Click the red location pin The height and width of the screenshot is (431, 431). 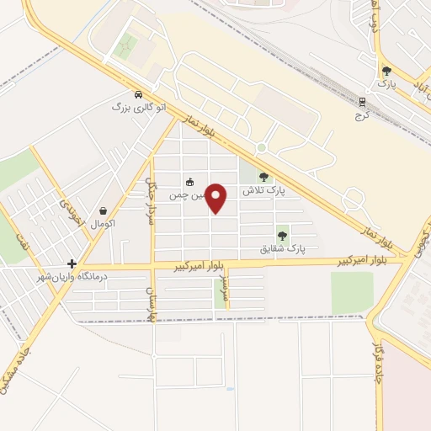[x=217, y=198]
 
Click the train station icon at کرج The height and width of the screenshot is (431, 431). [x=363, y=102]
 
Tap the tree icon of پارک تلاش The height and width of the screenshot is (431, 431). [x=264, y=177]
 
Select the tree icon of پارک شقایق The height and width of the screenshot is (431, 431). [x=282, y=237]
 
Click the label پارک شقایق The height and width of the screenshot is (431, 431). [x=283, y=250]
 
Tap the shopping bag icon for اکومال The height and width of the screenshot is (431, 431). [x=103, y=211]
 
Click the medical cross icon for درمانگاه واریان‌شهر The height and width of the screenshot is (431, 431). [x=72, y=263]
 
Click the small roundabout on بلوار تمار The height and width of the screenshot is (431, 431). [x=261, y=147]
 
